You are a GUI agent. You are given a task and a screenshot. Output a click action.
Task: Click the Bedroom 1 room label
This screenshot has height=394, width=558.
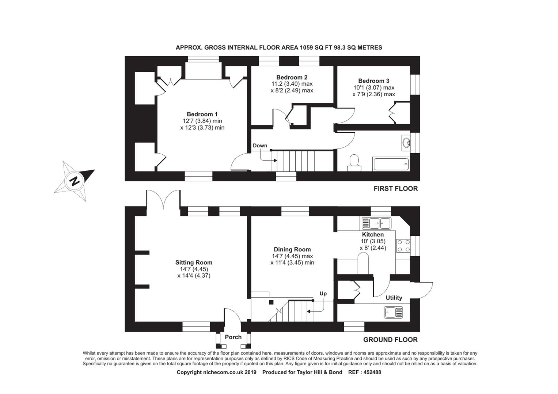point(202,114)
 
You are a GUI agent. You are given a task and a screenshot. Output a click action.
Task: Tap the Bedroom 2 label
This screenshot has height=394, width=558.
point(292,77)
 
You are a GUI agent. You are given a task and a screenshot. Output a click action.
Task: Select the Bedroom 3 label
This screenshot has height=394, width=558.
point(373,81)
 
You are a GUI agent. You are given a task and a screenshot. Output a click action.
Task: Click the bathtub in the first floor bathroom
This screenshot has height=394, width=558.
point(391,164)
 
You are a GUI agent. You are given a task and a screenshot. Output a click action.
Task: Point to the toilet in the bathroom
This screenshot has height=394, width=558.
point(354,162)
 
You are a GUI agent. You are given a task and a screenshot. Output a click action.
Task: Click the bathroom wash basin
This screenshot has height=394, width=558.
point(405,143)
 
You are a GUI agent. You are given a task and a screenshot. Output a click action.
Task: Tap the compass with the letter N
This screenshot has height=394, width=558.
point(75,181)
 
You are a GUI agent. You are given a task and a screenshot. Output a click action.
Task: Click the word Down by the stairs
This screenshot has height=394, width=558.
point(260,146)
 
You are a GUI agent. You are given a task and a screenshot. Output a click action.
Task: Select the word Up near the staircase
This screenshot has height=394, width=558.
point(323,294)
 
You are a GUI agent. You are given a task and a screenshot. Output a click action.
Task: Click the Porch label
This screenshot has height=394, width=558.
point(233,337)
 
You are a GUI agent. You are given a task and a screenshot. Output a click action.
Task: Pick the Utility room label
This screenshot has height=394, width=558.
point(394,298)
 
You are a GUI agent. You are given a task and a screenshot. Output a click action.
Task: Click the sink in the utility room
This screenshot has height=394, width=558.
point(393,312)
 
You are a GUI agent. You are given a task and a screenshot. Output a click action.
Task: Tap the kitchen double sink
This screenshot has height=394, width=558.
point(376,223)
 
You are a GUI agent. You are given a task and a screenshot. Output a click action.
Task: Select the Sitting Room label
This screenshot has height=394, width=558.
point(194,263)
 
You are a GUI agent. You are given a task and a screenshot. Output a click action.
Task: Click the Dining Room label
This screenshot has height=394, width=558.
point(292,250)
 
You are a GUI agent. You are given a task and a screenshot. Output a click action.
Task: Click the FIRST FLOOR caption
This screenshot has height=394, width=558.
point(395,189)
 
